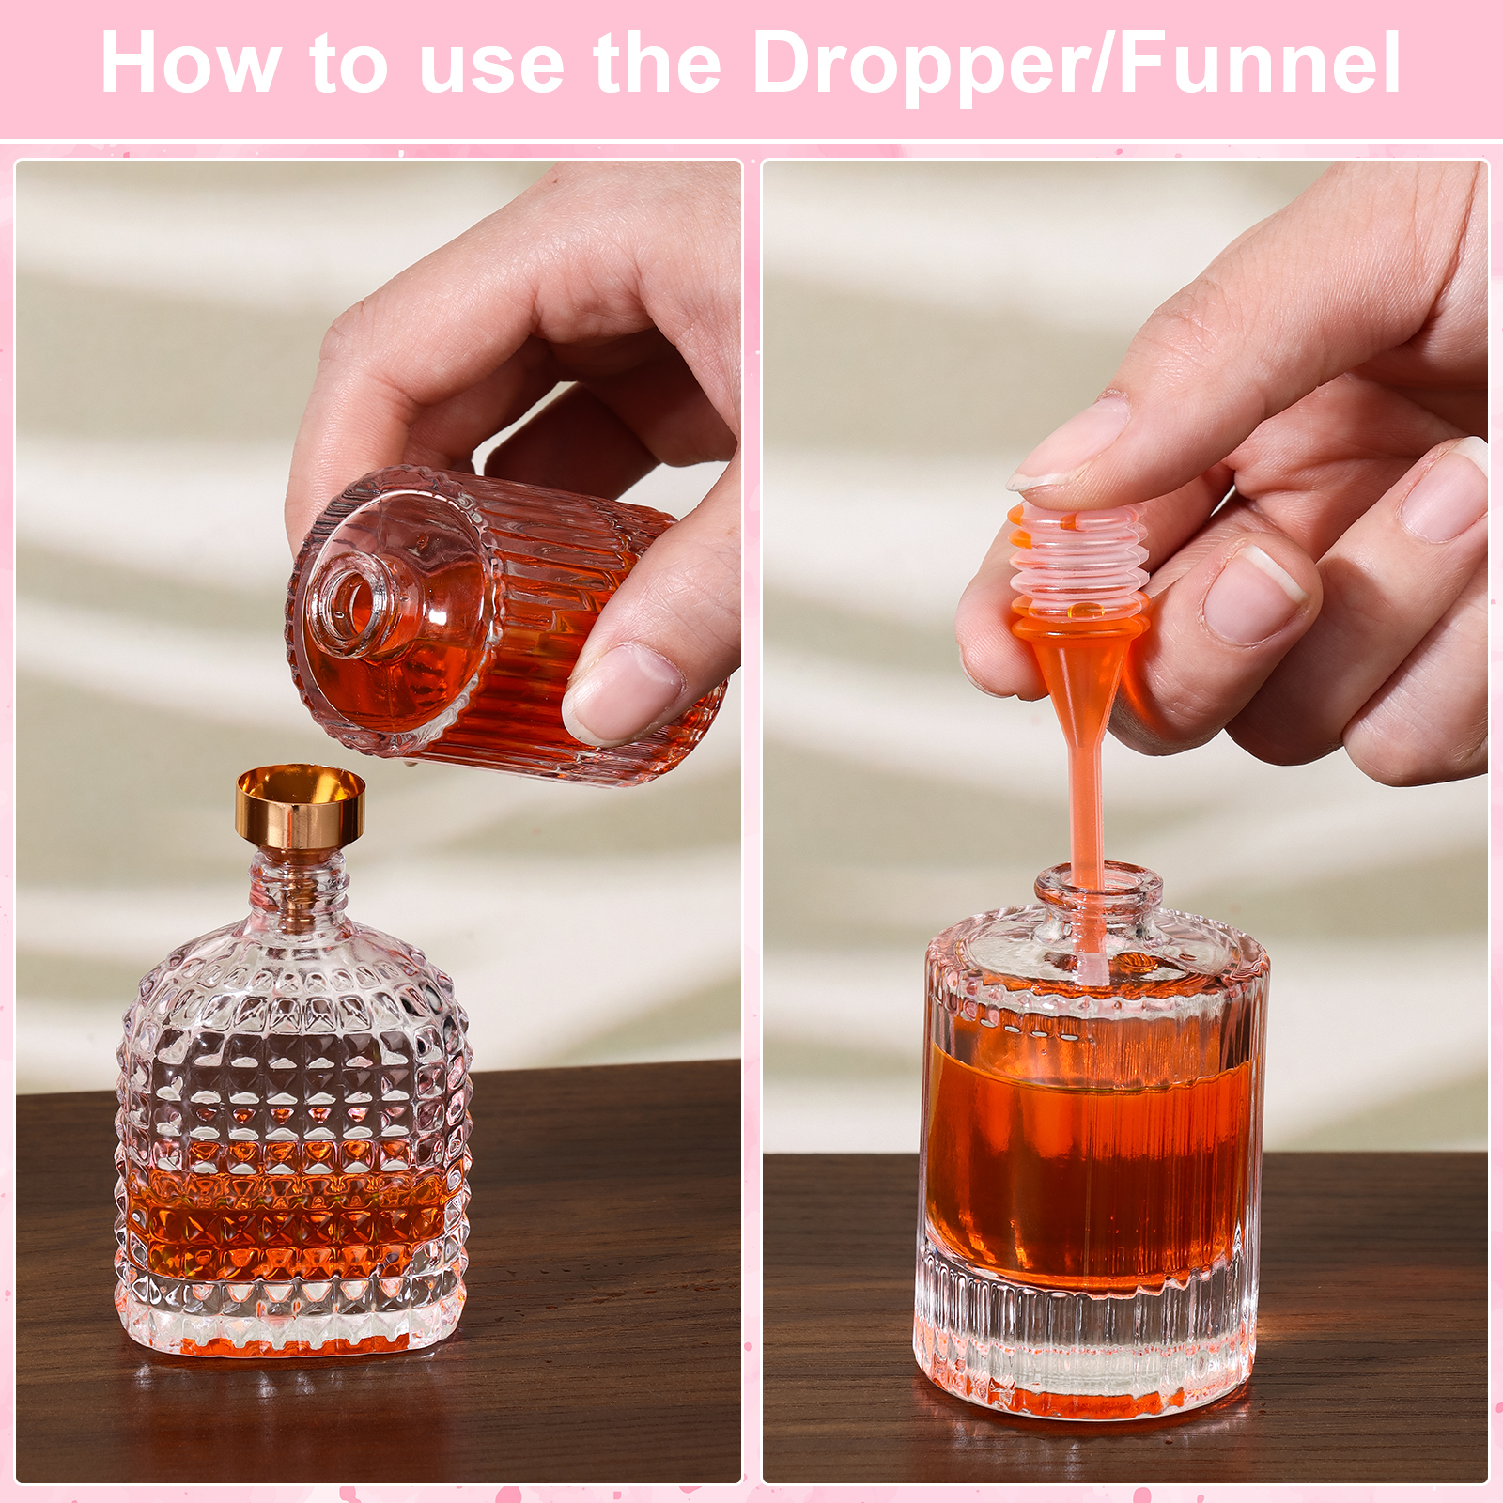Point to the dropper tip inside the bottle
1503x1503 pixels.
pyautogui.click(x=1091, y=968)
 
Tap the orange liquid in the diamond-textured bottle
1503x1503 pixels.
pyautogui.click(x=291, y=1221)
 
